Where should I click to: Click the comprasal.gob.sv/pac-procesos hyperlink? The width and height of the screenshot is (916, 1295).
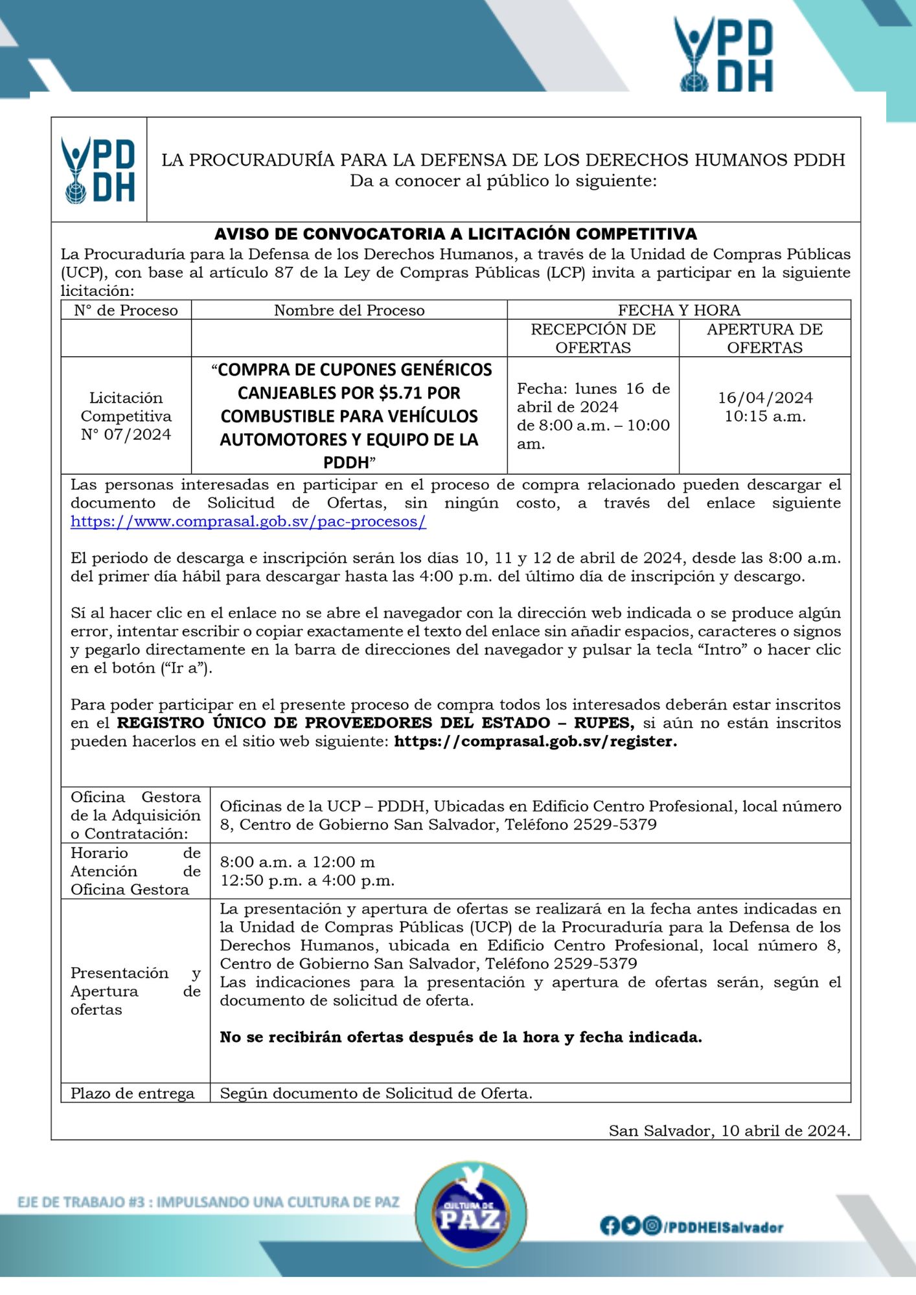[248, 521]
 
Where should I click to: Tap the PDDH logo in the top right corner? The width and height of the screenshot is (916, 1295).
[724, 55]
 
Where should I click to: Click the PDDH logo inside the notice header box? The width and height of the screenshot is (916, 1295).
[98, 170]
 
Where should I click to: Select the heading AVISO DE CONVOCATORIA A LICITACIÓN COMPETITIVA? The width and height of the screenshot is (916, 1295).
[455, 234]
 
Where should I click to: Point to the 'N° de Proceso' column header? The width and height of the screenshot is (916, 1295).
[126, 310]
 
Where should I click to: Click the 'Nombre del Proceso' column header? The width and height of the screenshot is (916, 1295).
[349, 310]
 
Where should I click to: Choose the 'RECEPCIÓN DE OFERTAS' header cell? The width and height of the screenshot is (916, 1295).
[593, 338]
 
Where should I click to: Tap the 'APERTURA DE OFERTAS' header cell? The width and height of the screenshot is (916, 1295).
[764, 338]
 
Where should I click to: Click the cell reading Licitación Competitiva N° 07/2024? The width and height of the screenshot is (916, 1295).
[126, 416]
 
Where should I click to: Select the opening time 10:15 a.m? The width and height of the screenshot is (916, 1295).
[765, 416]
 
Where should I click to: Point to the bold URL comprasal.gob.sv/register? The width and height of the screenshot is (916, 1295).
[535, 741]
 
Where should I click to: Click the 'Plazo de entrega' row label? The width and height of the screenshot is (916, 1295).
[132, 1093]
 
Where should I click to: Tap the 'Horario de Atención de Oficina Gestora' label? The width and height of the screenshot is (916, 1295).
[135, 871]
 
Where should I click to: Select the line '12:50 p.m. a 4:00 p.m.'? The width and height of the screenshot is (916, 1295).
[307, 881]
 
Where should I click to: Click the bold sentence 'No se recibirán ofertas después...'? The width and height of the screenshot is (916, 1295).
[461, 1037]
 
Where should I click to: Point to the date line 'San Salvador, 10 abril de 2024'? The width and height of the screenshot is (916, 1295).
[729, 1131]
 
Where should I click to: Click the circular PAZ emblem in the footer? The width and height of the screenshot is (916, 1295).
[470, 1214]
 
